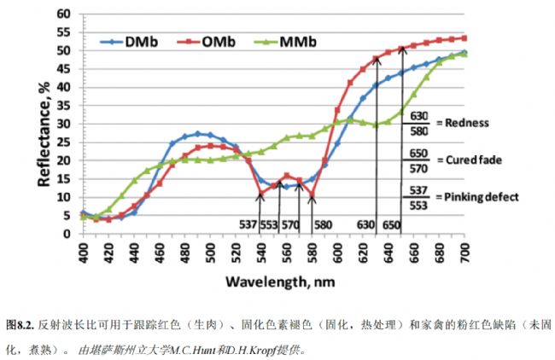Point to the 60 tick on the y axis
[x=64, y=14]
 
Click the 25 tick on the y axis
[x=64, y=142]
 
